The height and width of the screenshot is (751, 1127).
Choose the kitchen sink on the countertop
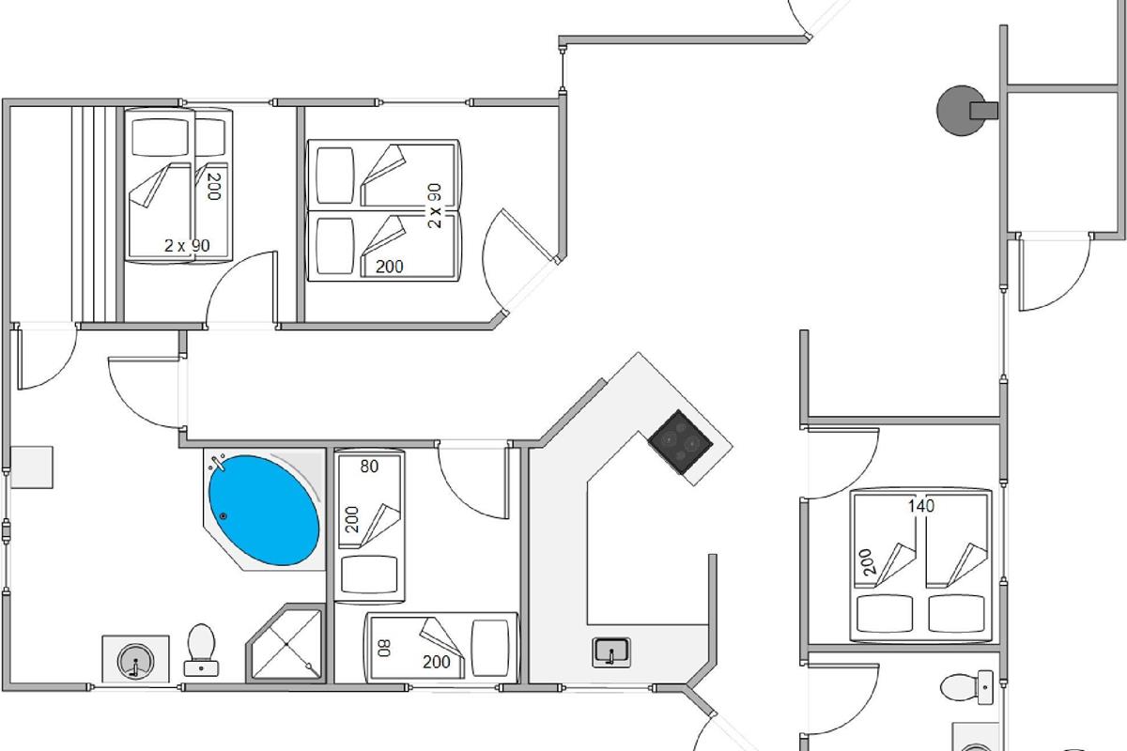[x=611, y=651]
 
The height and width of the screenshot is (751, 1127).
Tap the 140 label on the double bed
[x=920, y=506]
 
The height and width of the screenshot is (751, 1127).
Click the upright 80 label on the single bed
[x=369, y=466]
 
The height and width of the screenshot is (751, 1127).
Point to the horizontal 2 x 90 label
[x=187, y=246]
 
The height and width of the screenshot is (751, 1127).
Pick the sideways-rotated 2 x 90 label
[x=435, y=205]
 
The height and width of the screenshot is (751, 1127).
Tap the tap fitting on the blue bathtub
[x=218, y=461]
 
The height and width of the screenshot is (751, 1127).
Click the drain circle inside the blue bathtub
[x=224, y=515]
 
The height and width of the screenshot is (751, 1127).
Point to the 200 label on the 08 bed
[x=436, y=662]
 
